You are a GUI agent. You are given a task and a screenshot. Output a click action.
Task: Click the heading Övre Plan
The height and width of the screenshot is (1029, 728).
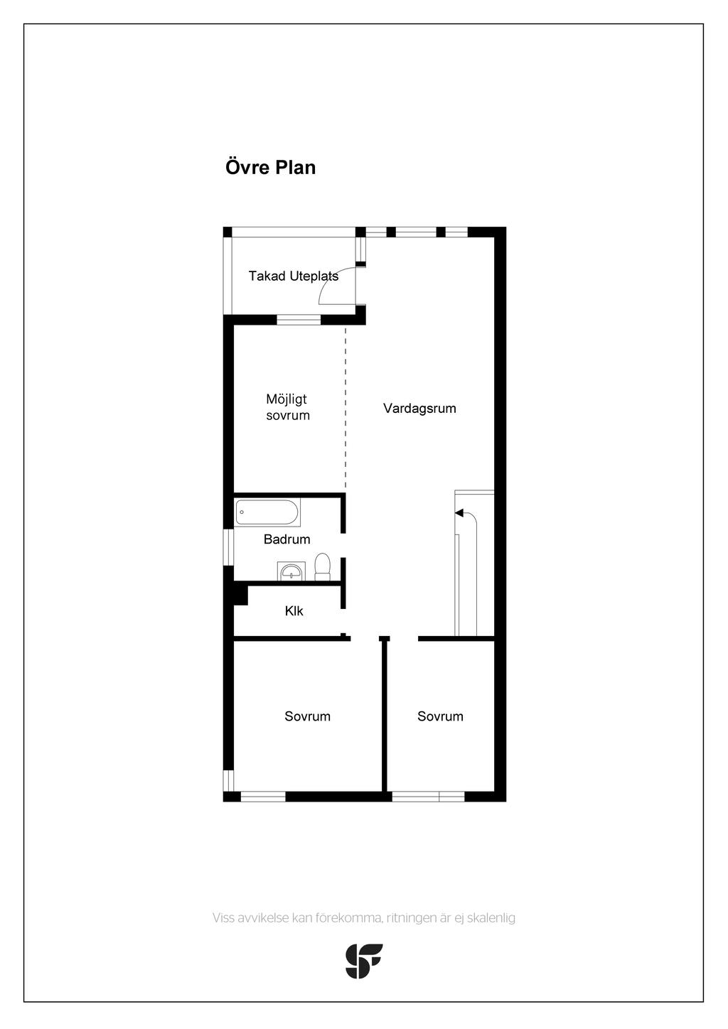(270, 168)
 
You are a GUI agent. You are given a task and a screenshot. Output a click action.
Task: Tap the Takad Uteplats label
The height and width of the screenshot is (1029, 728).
(293, 276)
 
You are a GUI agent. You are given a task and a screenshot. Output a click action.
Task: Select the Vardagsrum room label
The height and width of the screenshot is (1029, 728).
(419, 409)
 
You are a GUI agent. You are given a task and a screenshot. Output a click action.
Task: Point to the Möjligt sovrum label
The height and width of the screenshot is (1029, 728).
(287, 407)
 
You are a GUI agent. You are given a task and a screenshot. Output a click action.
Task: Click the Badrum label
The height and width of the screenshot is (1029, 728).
(287, 539)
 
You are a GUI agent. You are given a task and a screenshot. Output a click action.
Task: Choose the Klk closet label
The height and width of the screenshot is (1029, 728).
(294, 611)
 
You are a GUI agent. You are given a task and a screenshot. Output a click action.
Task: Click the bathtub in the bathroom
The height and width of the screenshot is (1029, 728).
(267, 512)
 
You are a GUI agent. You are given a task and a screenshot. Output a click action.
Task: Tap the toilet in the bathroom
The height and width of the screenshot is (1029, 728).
(323, 567)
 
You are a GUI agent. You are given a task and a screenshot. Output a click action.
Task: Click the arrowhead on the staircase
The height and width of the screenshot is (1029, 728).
(459, 513)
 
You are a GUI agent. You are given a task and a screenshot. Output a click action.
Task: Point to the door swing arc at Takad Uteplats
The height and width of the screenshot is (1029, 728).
(328, 284)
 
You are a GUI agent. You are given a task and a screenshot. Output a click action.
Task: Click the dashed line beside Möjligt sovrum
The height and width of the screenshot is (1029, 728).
(346, 409)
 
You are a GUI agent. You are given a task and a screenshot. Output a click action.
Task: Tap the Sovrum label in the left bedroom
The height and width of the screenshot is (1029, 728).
(307, 716)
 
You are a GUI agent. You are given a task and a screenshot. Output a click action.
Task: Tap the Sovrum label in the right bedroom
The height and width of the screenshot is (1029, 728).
(440, 716)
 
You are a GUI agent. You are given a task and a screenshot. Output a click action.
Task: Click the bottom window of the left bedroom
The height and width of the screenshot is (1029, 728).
(263, 797)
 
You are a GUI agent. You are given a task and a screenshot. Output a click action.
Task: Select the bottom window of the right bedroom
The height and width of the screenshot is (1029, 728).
(428, 797)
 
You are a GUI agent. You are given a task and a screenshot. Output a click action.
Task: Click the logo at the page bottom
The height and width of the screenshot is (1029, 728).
(364, 961)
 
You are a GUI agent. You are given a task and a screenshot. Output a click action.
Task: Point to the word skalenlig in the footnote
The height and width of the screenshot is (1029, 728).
(491, 917)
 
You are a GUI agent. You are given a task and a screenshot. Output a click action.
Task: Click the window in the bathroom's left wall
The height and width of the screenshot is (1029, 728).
(229, 547)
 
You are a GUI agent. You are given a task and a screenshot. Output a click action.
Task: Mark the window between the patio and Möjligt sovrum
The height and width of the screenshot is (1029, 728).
(299, 320)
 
